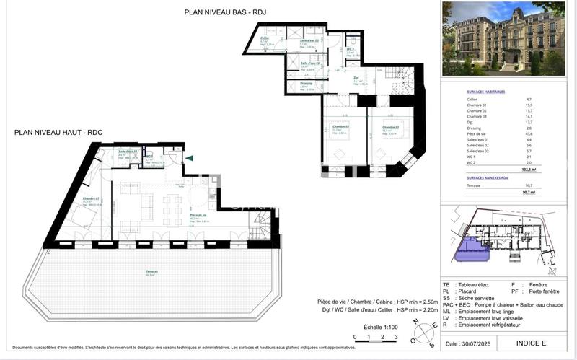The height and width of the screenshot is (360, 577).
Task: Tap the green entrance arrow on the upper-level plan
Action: coord(189,158)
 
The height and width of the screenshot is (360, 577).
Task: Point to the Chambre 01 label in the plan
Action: coord(89,198)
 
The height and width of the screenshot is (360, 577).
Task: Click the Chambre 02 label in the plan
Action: coord(340,127)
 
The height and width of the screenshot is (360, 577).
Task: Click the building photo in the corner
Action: coord(503,39)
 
